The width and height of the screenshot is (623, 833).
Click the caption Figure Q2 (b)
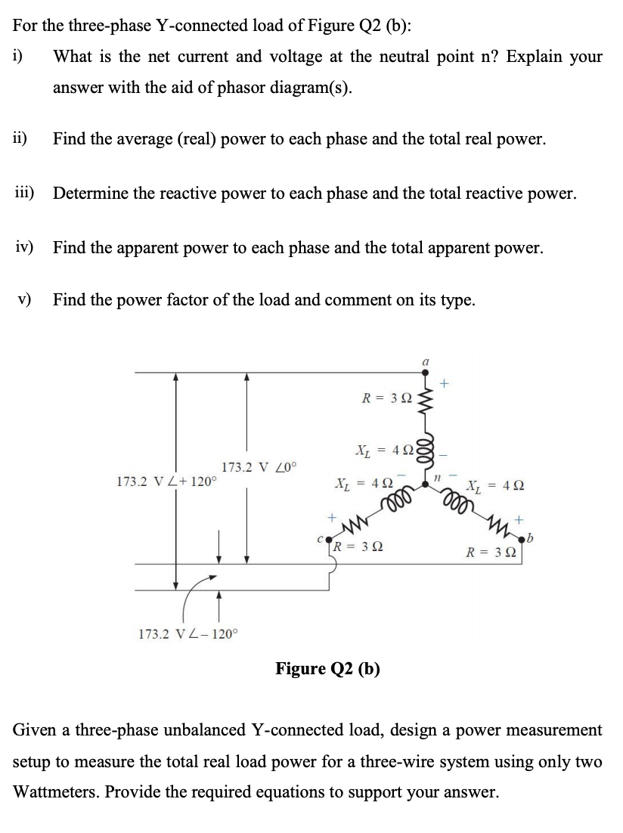point(327,668)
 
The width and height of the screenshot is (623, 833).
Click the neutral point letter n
point(437,477)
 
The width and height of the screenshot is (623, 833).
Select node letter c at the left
point(320,539)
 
